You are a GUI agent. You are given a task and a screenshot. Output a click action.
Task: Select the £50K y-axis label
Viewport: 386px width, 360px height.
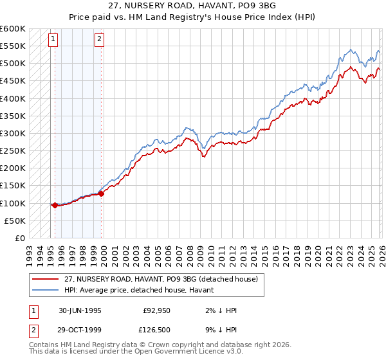click(x=15, y=221)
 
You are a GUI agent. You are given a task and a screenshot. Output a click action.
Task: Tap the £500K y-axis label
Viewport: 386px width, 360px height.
click(x=13, y=64)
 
